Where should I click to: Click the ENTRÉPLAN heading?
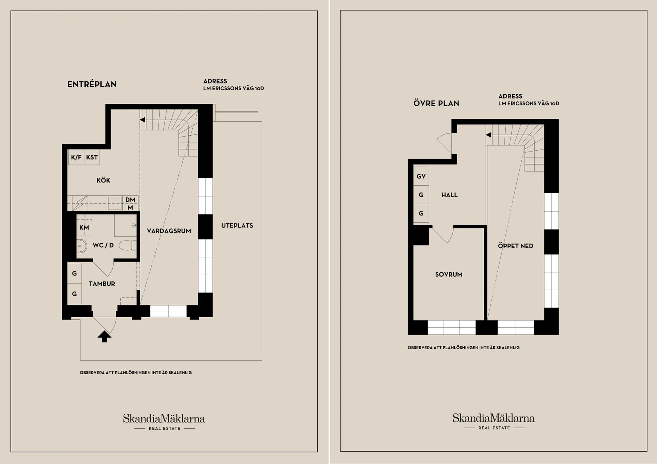(x=92, y=84)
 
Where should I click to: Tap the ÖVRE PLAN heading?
(x=436, y=103)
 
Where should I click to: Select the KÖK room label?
(x=103, y=180)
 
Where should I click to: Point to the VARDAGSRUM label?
(x=169, y=231)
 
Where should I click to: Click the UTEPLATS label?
(x=237, y=225)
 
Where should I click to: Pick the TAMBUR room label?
(x=102, y=283)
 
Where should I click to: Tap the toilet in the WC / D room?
(x=128, y=245)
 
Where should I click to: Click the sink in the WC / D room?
(x=82, y=246)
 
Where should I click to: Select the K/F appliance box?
(x=76, y=157)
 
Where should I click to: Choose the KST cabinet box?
(x=92, y=157)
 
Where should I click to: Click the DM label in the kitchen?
(x=130, y=200)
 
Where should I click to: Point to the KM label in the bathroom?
(x=84, y=227)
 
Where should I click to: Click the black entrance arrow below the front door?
(x=104, y=337)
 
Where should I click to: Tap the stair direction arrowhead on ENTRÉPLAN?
(x=143, y=120)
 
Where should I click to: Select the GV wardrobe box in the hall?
(x=421, y=177)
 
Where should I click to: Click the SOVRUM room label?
(x=449, y=274)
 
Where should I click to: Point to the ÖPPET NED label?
(x=516, y=246)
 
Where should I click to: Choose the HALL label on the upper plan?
(x=449, y=195)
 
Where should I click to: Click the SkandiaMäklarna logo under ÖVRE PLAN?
(x=494, y=421)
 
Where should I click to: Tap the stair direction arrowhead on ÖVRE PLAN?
(x=488, y=135)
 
